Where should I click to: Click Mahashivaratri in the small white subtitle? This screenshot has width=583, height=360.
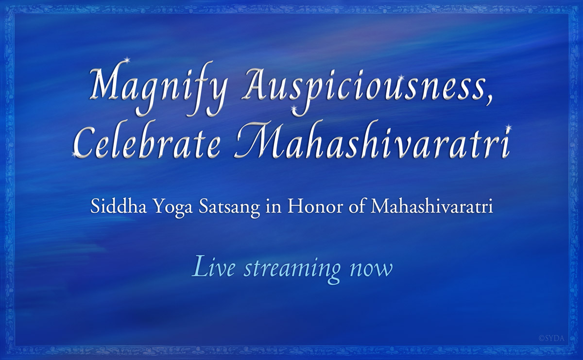432,207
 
